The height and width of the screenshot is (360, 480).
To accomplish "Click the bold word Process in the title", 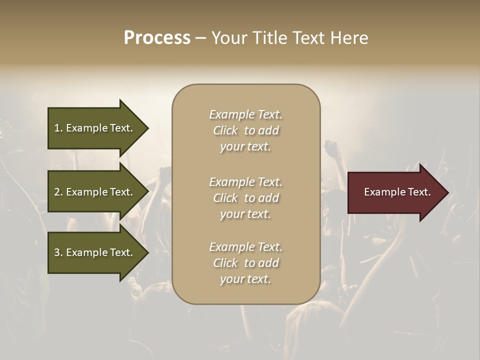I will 157,38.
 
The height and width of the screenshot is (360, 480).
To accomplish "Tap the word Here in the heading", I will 349,38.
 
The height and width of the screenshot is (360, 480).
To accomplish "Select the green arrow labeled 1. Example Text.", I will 95,128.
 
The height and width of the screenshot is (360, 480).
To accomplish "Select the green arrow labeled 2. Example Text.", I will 95,192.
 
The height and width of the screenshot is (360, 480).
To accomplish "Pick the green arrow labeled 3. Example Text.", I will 95,252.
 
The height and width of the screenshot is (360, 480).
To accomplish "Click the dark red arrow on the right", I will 395,192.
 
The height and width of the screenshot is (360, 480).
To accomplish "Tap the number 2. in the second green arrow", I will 58,192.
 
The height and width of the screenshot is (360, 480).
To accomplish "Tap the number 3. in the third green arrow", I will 58,252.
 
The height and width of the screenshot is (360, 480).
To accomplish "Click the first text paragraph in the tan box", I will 245,130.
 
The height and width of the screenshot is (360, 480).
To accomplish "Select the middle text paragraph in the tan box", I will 245,198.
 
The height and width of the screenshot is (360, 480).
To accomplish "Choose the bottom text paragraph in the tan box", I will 245,263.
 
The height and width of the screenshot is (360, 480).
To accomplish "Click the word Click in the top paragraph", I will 225,130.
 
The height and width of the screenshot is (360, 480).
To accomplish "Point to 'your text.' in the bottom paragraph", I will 245,279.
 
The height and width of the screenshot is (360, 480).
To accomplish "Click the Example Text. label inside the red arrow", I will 397,192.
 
